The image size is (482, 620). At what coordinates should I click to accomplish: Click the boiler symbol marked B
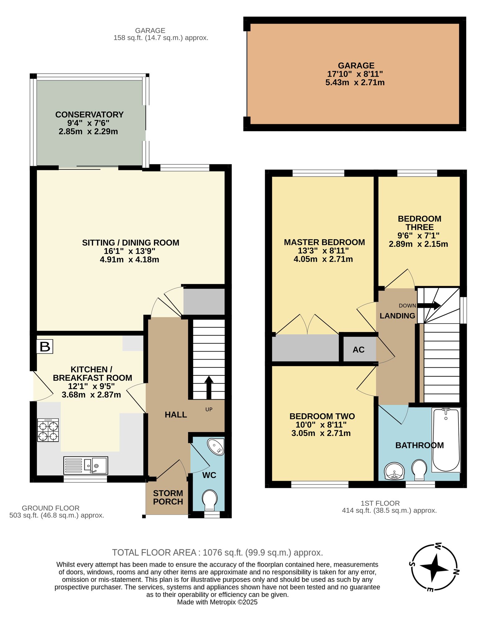[45, 347]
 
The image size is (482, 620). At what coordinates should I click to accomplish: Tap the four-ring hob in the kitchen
[48, 430]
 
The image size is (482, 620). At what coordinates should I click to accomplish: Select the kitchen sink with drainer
[86, 465]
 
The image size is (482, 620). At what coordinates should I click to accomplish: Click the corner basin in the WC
[217, 447]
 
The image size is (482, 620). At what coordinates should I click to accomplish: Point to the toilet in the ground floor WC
[209, 499]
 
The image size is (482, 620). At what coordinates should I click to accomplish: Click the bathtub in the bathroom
[446, 440]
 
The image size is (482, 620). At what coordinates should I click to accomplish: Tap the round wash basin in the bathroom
[394, 471]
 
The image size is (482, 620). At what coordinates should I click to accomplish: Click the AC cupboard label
[358, 350]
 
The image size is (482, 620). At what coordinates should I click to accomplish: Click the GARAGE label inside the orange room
[356, 66]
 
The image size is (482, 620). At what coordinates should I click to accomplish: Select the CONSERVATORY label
[89, 115]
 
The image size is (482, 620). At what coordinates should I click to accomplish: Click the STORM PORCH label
[168, 498]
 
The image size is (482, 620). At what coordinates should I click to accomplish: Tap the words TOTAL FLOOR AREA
[154, 553]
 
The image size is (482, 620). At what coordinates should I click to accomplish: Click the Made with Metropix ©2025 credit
[217, 602]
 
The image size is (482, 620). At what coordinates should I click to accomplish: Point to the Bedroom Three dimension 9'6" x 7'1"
[418, 236]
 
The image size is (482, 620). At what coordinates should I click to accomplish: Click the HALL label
[176, 415]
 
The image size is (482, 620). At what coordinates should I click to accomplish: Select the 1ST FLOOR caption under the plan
[380, 503]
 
